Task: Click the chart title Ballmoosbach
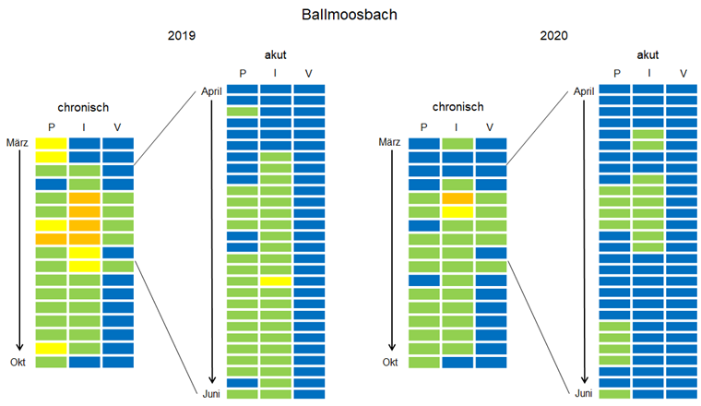[350, 16]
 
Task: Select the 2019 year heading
[182, 36]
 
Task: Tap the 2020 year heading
[554, 36]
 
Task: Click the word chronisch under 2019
[83, 107]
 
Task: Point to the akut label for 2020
[648, 55]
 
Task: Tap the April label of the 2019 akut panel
[212, 91]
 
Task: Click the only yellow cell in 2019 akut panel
[276, 281]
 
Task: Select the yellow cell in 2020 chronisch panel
[457, 212]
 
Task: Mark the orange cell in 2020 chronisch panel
[457, 198]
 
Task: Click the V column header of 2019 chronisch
[117, 126]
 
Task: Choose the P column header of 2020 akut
[614, 73]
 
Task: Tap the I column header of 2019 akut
[276, 73]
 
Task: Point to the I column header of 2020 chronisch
[457, 126]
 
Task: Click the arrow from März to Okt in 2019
[19, 249]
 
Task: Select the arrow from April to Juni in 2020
[584, 240]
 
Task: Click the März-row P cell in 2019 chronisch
[51, 143]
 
